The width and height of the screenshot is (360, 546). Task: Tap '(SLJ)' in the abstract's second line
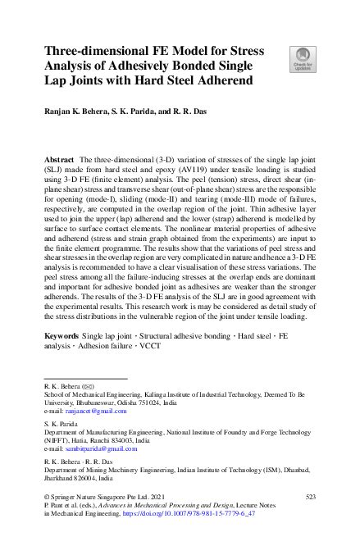(57, 166)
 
